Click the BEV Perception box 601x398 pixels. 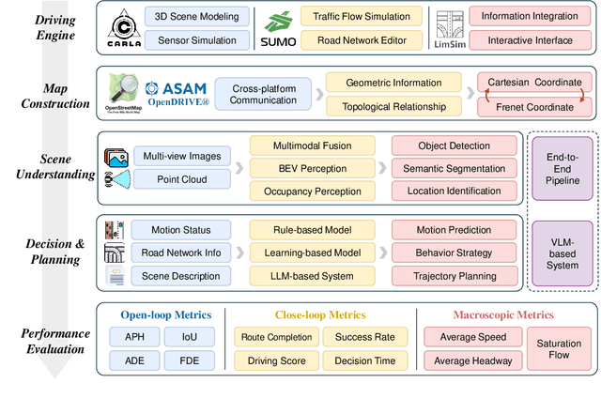(x=305, y=169)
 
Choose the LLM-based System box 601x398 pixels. (x=305, y=276)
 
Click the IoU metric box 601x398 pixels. (x=176, y=337)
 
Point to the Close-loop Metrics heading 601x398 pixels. (x=320, y=314)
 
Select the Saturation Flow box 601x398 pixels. (x=558, y=347)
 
